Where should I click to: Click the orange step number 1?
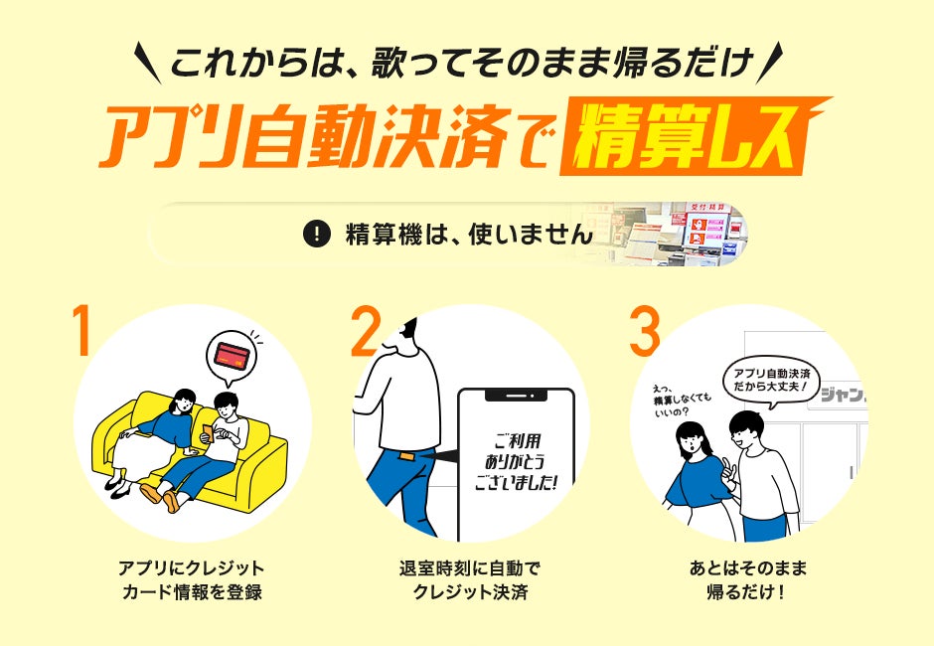point(82,331)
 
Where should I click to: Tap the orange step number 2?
point(365,331)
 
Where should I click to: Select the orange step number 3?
point(645,331)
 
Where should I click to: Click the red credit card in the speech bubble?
point(233,356)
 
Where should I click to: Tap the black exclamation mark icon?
point(317,234)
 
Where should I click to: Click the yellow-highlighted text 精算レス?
point(686,138)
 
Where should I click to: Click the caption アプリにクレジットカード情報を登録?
point(192,579)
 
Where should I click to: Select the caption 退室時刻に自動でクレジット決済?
point(470,579)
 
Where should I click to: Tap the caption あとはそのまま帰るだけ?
point(747,579)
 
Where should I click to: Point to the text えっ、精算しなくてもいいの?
point(681,400)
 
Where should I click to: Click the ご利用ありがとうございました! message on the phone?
point(516,462)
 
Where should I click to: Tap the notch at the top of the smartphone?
point(516,396)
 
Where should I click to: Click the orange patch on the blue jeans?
point(407,457)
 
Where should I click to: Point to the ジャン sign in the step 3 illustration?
point(842,395)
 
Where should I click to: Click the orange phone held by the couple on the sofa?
point(207,433)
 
